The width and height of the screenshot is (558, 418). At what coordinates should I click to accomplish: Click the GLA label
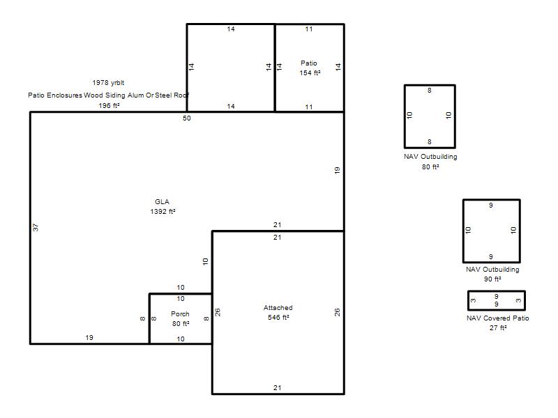point(162,202)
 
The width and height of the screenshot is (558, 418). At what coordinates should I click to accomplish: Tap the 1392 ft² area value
point(163,212)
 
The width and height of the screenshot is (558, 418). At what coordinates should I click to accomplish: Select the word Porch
point(180,314)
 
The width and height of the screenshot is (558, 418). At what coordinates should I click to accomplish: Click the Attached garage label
point(278,308)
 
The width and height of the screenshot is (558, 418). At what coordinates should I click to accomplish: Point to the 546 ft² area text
point(278,318)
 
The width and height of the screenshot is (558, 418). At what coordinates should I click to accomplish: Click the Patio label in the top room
point(308,63)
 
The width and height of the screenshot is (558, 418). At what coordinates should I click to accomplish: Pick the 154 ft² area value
point(310,73)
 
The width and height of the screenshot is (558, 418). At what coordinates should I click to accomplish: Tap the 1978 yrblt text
point(108,83)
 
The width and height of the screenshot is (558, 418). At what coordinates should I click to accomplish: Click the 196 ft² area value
point(109,106)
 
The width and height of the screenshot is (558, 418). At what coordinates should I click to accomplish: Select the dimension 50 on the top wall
point(187,118)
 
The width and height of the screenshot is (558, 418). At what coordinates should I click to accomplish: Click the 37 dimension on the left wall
point(36,228)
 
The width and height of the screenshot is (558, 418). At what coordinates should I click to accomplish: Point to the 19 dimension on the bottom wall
point(89,338)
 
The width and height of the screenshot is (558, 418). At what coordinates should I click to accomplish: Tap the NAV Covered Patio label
point(497,318)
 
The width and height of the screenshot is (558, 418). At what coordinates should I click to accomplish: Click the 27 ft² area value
point(498,327)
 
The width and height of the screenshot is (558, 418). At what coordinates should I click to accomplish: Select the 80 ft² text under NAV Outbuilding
point(430,167)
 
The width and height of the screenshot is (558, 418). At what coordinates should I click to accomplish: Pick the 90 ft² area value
point(492,279)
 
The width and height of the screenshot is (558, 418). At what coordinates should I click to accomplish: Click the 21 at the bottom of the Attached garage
point(278,388)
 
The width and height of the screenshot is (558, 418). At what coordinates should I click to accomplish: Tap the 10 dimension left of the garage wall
point(205,262)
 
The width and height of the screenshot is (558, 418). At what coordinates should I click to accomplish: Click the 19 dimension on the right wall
point(337,170)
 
